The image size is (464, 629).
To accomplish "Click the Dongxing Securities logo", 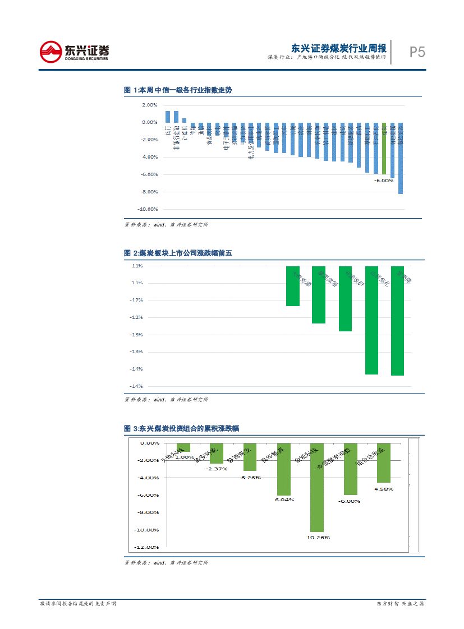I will tap(74, 52).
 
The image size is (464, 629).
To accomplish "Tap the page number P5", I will tap(417, 52).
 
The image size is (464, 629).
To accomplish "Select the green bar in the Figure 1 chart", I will tap(384, 148).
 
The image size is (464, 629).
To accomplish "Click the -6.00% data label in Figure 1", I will tap(384, 181).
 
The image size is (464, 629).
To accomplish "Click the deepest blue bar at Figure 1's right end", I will tap(401, 158).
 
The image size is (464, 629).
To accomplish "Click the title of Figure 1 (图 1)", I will tap(177, 90).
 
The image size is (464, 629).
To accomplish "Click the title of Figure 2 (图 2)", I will tap(177, 253).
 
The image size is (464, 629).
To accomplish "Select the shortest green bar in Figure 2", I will tap(292, 286).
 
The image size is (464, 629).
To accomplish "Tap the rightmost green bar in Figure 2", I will tap(397, 320).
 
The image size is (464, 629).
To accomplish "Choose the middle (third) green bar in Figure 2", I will tap(345, 298).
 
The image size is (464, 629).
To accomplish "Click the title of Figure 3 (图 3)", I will tap(181, 428).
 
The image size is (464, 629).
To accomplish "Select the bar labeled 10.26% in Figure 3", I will tap(317, 487).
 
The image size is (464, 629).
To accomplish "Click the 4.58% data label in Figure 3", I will tap(384, 489).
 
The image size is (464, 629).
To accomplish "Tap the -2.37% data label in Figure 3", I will tap(217, 468).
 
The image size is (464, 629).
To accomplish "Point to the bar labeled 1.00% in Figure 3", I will tap(183, 447).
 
